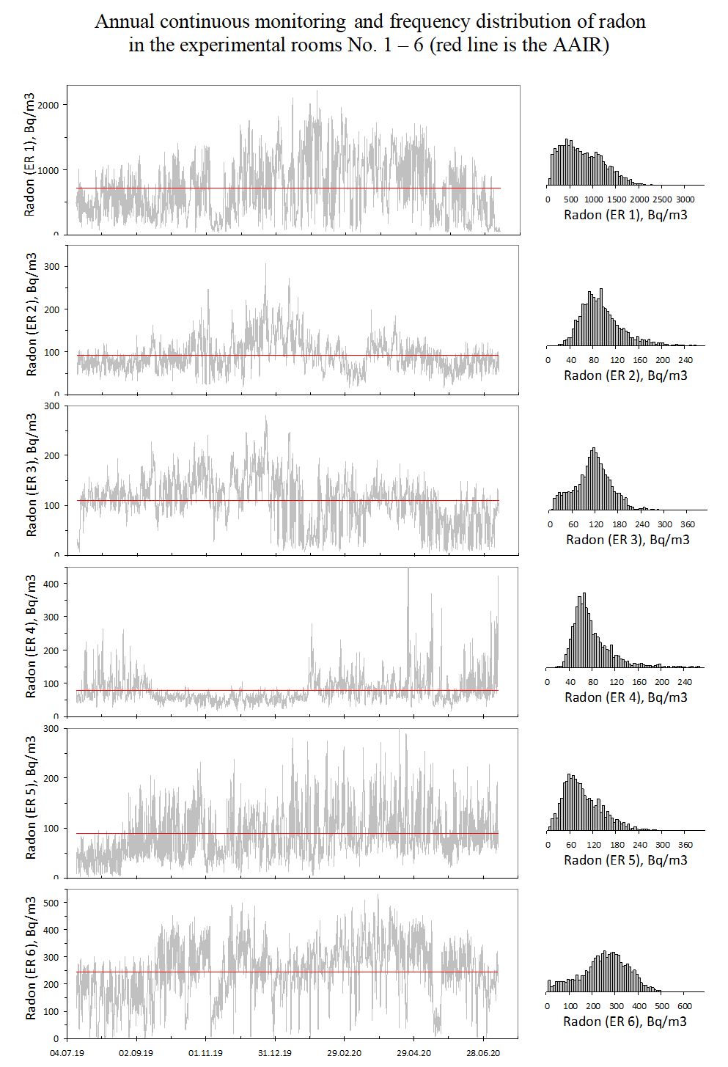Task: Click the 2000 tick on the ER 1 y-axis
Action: [x=48, y=105]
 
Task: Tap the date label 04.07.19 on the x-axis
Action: [x=67, y=1053]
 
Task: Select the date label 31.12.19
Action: [x=275, y=1053]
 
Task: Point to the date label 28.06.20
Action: [x=483, y=1053]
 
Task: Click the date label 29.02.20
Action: [x=344, y=1053]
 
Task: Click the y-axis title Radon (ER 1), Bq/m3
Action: [x=29, y=154]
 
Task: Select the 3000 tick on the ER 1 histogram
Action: [x=685, y=199]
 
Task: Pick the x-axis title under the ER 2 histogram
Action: [x=625, y=375]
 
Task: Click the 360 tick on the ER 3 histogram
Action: [x=688, y=524]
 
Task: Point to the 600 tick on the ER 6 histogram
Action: [x=685, y=1006]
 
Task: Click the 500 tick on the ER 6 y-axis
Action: [x=51, y=903]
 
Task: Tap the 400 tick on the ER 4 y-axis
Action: [x=51, y=584]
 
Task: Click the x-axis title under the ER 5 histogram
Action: [x=625, y=860]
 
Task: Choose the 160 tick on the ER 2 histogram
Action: [x=640, y=360]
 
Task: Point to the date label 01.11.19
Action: [x=205, y=1053]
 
